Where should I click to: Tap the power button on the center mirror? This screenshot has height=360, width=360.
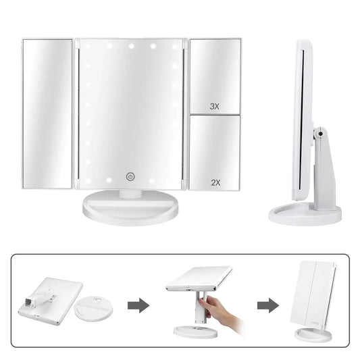pos(130,177)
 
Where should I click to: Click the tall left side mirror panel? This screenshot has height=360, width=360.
pos(47,111)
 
